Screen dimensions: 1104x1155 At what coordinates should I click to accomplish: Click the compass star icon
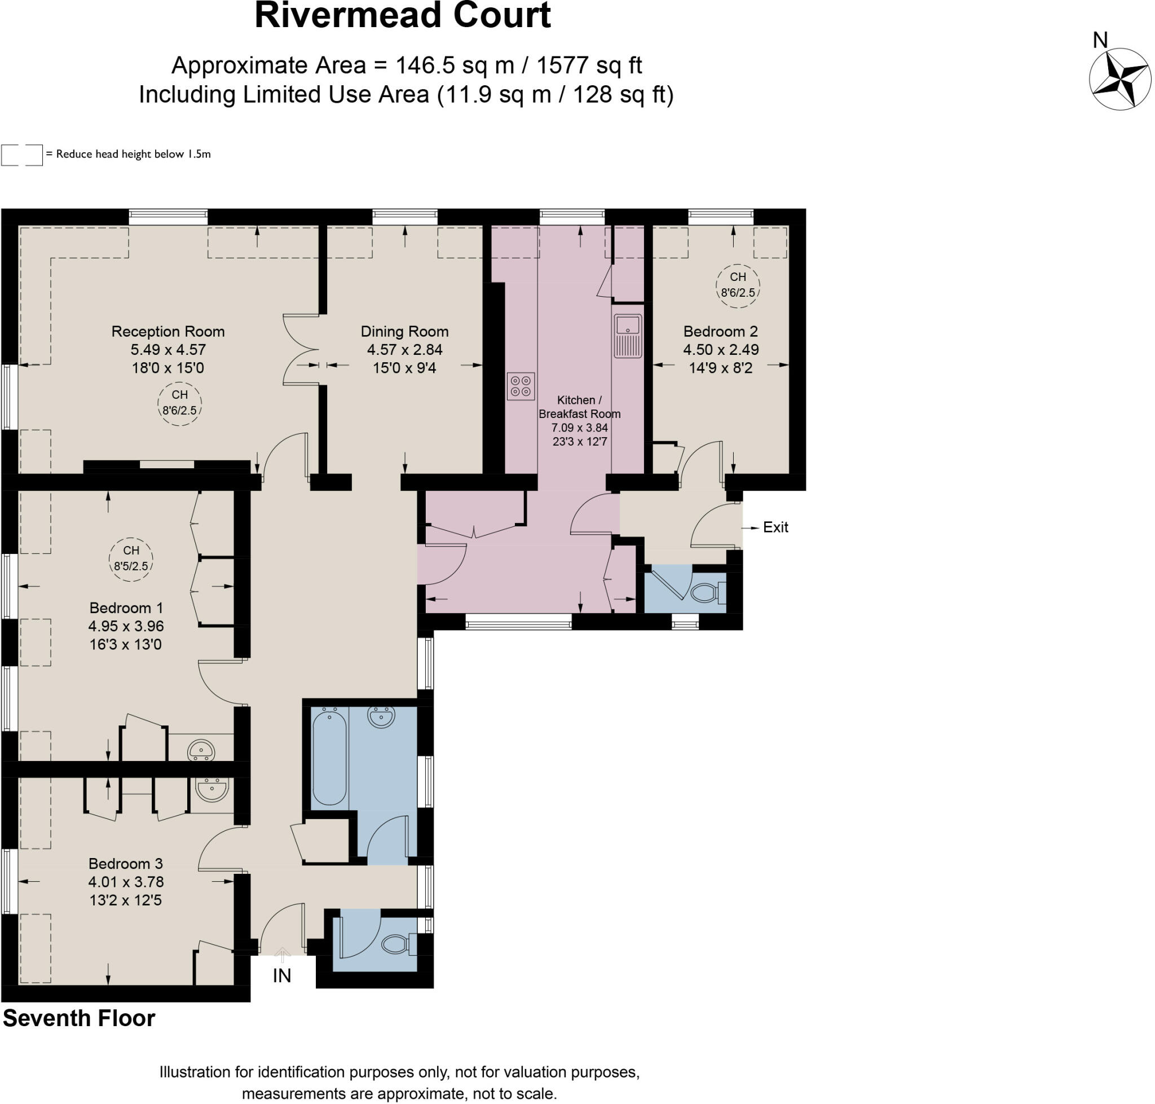pyautogui.click(x=1119, y=79)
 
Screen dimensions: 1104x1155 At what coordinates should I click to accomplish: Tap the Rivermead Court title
pyautogui.click(x=403, y=16)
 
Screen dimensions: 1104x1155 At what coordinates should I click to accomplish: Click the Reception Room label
pyautogui.click(x=167, y=331)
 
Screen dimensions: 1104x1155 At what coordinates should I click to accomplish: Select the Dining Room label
pyautogui.click(x=404, y=331)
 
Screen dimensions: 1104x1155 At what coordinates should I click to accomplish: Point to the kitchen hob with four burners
pyautogui.click(x=520, y=386)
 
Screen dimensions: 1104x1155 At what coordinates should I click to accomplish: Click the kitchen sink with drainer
pyautogui.click(x=628, y=336)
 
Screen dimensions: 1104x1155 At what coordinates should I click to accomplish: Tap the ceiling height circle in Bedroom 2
pyautogui.click(x=737, y=285)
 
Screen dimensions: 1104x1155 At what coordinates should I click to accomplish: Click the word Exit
pyautogui.click(x=775, y=527)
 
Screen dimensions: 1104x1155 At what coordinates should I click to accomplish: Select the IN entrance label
pyautogui.click(x=282, y=976)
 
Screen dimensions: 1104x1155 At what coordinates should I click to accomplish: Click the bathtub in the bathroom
pyautogui.click(x=329, y=758)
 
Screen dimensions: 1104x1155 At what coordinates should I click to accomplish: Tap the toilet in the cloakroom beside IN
pyautogui.click(x=395, y=944)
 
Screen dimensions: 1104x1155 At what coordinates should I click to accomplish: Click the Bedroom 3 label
pyautogui.click(x=125, y=863)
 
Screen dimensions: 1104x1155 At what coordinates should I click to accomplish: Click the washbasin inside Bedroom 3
pyautogui.click(x=211, y=790)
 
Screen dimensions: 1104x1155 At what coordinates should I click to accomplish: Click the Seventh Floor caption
pyautogui.click(x=79, y=1019)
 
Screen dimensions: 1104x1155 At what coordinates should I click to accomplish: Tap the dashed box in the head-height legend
pyautogui.click(x=22, y=155)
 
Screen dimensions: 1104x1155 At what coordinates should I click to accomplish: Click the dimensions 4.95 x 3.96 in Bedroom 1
pyautogui.click(x=126, y=626)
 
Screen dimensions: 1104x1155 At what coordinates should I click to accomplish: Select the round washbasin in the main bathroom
pyautogui.click(x=381, y=717)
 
